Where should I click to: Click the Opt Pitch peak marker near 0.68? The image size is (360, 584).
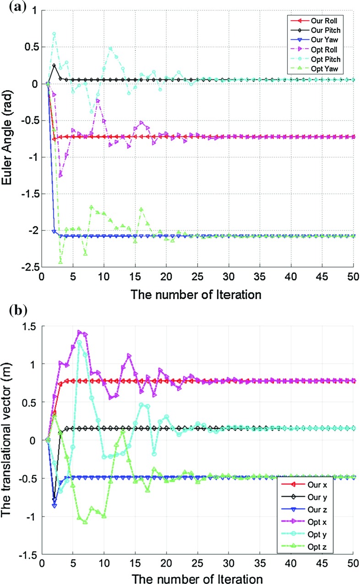pyautogui.click(x=54, y=34)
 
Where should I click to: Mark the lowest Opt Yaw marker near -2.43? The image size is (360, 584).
pyautogui.click(x=60, y=262)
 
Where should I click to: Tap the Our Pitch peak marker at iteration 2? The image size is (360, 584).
pyautogui.click(x=54, y=65)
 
